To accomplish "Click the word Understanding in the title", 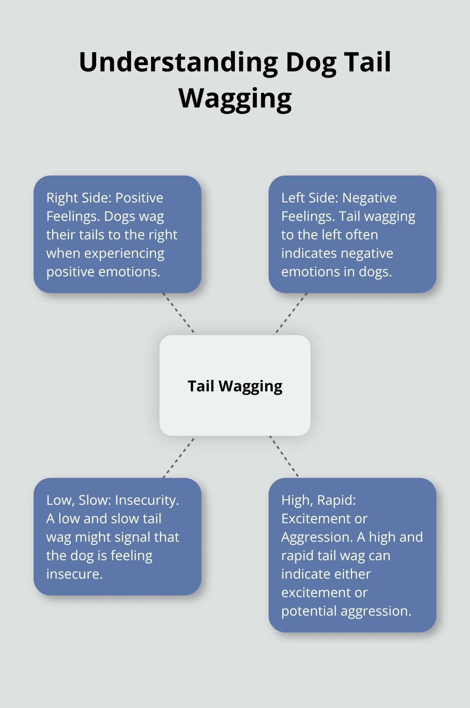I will point(178,63).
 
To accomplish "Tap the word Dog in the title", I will point(311,63).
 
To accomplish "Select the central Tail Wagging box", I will point(235,385).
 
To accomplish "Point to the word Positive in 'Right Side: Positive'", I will point(139,198).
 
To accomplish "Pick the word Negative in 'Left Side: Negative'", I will point(369,198).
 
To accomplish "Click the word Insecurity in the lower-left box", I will point(147,500).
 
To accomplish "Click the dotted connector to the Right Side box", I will point(179,314).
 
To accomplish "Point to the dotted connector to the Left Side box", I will point(291,314).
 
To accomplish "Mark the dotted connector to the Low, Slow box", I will point(179,457).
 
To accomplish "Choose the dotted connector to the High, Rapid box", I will point(284,456).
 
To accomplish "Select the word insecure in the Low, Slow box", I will point(74,574).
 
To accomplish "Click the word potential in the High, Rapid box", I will point(309,611).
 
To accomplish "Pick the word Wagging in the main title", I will point(235,99).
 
